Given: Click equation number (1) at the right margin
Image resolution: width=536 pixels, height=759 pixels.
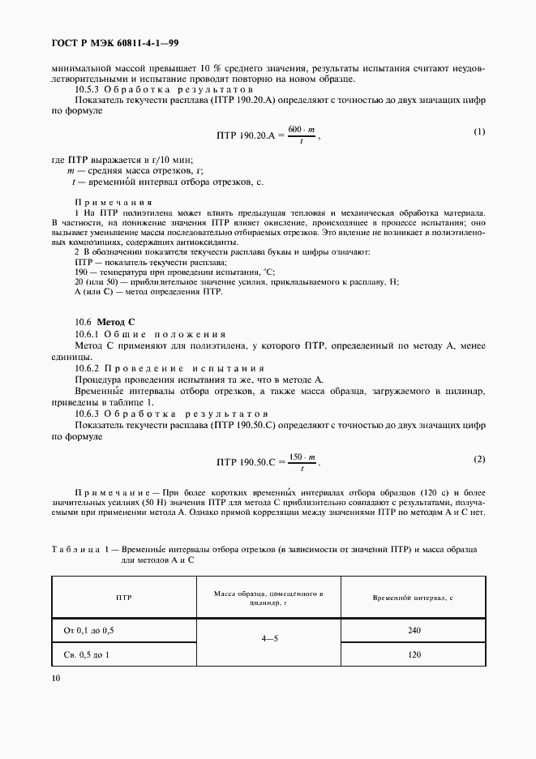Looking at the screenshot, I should point(478,131).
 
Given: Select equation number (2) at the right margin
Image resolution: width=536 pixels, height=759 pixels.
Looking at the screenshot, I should point(478,460).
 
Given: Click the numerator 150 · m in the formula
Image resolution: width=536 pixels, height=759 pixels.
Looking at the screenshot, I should point(302,457).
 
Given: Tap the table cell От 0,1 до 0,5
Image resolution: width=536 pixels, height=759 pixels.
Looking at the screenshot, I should point(95,629).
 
